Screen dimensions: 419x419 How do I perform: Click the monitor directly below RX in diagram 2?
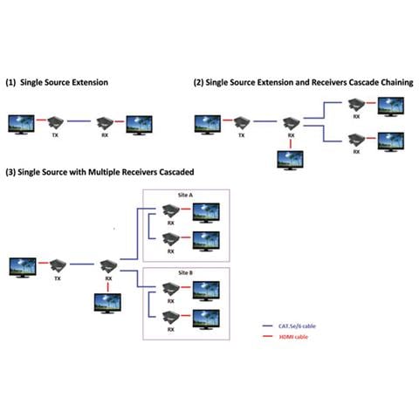[x=289, y=160]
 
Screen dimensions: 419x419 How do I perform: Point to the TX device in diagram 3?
[x=59, y=264]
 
